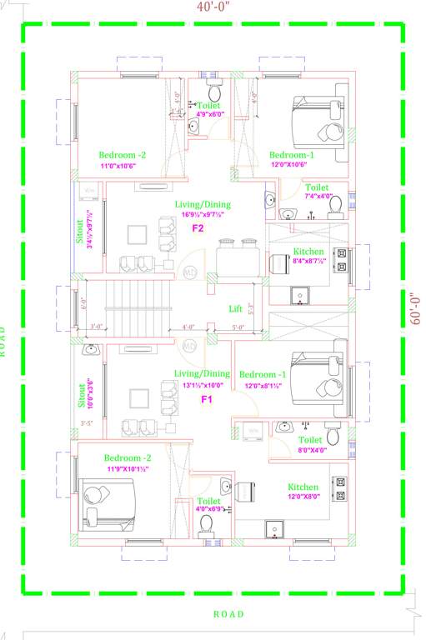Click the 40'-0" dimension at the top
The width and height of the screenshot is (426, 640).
(x=213, y=7)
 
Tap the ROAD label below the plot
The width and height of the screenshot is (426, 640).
(x=228, y=614)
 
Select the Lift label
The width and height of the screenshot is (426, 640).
(x=236, y=308)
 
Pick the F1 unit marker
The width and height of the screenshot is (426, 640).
(x=208, y=399)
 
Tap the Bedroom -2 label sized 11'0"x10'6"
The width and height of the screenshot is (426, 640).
(x=123, y=155)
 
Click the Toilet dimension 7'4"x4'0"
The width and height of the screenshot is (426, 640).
(x=318, y=197)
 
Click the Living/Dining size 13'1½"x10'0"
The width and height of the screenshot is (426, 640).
(x=202, y=384)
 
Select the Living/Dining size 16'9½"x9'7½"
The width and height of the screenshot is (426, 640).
(x=203, y=214)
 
